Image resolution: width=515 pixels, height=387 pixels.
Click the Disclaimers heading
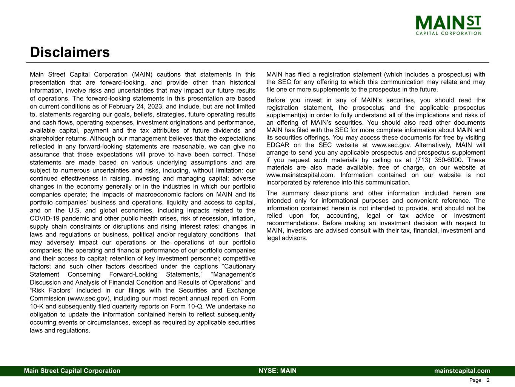(x=70, y=53)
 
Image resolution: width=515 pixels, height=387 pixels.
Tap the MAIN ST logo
(x=448, y=25)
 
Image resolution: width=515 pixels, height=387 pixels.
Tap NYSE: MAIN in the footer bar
(x=277, y=371)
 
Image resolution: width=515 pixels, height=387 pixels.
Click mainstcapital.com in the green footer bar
(x=462, y=371)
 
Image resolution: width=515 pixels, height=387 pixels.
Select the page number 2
(x=488, y=380)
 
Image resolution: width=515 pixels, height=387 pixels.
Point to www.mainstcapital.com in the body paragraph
(x=300, y=175)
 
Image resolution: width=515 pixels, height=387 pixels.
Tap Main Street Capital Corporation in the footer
(x=72, y=371)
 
